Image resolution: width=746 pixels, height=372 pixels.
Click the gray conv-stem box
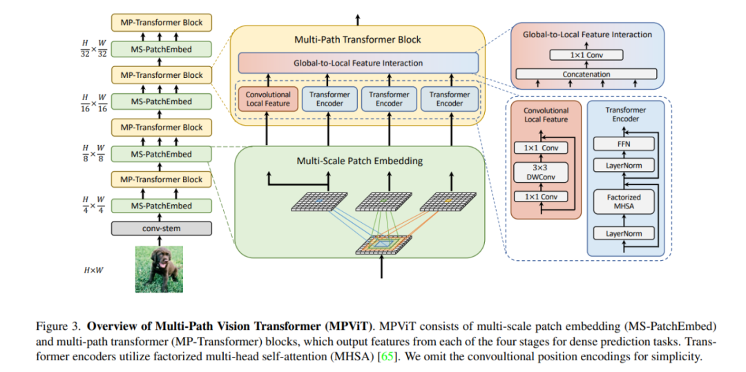pyautogui.click(x=161, y=228)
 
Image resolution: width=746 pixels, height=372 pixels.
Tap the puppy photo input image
pyautogui.click(x=160, y=268)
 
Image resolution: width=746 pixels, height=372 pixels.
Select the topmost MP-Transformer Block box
pyautogui.click(x=161, y=22)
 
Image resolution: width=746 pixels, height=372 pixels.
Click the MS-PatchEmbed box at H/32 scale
pyautogui.click(x=161, y=48)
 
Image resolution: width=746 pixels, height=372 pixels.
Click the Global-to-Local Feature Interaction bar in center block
pyautogui.click(x=358, y=63)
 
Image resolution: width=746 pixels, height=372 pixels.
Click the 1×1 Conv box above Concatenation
pyautogui.click(x=586, y=55)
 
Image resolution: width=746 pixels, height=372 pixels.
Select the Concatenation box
pyautogui.click(x=586, y=74)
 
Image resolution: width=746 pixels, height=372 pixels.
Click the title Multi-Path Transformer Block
pyautogui.click(x=358, y=40)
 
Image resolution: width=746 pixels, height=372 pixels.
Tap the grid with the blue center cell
pyautogui.click(x=320, y=202)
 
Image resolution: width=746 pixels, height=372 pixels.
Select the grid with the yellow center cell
pyautogui.click(x=447, y=202)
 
